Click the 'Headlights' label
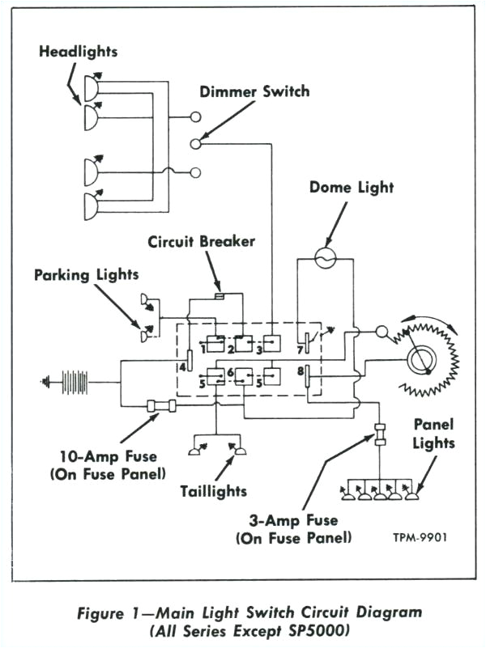[x=78, y=52]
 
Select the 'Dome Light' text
[x=352, y=188]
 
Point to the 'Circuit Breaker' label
[x=201, y=241]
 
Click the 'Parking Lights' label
[x=86, y=275]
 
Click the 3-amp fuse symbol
[x=378, y=433]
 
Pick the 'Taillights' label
[x=214, y=491]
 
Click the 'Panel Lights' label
[x=433, y=433]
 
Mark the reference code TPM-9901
[x=420, y=536]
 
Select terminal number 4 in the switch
[x=183, y=366]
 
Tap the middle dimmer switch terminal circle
[x=195, y=144]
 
